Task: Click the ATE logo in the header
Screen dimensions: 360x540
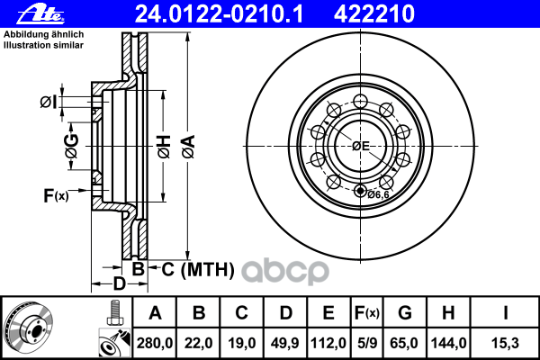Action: (24, 13)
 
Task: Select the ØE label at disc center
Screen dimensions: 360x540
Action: (360, 146)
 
